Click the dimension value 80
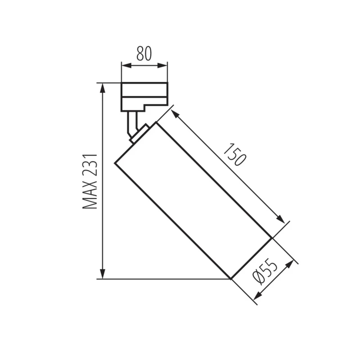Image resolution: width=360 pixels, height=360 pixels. pos(144,54)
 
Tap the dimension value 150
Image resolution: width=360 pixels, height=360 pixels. pos(235,155)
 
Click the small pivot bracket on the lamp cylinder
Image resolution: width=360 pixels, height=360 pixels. pos(139,134)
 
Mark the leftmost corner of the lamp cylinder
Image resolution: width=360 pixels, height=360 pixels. pos(115,163)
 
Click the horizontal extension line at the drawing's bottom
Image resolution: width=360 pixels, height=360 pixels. pos(166,279)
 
